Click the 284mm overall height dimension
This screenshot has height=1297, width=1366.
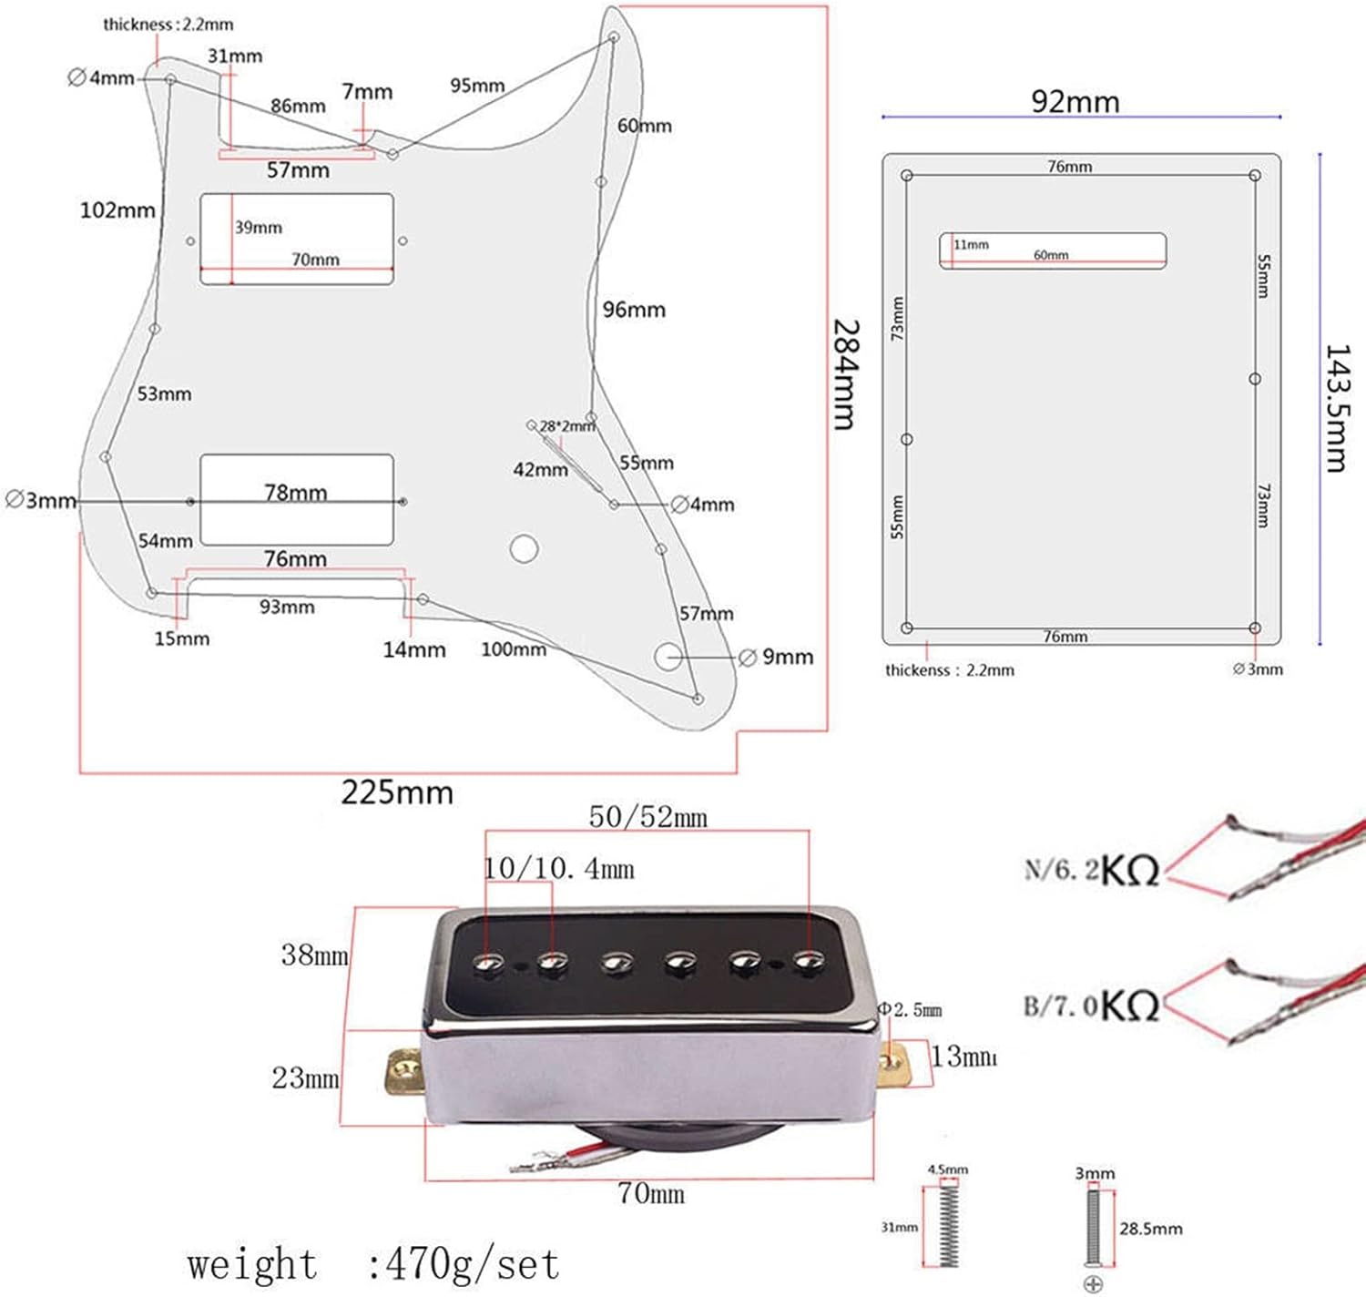click(844, 373)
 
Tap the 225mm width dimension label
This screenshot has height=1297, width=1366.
click(397, 792)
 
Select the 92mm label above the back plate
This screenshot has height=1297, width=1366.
click(1075, 101)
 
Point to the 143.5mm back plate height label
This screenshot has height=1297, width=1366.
click(1336, 408)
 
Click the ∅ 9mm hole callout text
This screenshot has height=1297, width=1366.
click(777, 657)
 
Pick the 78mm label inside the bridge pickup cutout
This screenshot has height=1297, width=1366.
click(295, 493)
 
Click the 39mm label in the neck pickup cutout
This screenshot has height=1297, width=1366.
click(259, 227)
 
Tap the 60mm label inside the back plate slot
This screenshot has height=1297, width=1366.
click(1050, 255)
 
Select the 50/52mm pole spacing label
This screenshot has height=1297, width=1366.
click(647, 817)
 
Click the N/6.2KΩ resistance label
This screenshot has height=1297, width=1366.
click(1091, 870)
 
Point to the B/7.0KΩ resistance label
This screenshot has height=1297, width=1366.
click(1091, 1006)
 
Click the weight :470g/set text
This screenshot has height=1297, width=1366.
click(373, 1264)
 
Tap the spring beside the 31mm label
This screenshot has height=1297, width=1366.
click(948, 1225)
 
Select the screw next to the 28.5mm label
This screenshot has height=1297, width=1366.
click(1094, 1227)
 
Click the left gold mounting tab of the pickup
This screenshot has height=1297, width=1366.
click(403, 1072)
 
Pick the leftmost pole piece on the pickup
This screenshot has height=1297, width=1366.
click(490, 962)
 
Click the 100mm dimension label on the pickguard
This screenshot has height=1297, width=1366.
click(514, 649)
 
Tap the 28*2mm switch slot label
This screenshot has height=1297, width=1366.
click(566, 426)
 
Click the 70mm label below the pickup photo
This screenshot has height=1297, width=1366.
click(650, 1193)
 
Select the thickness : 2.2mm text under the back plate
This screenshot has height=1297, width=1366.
click(949, 670)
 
